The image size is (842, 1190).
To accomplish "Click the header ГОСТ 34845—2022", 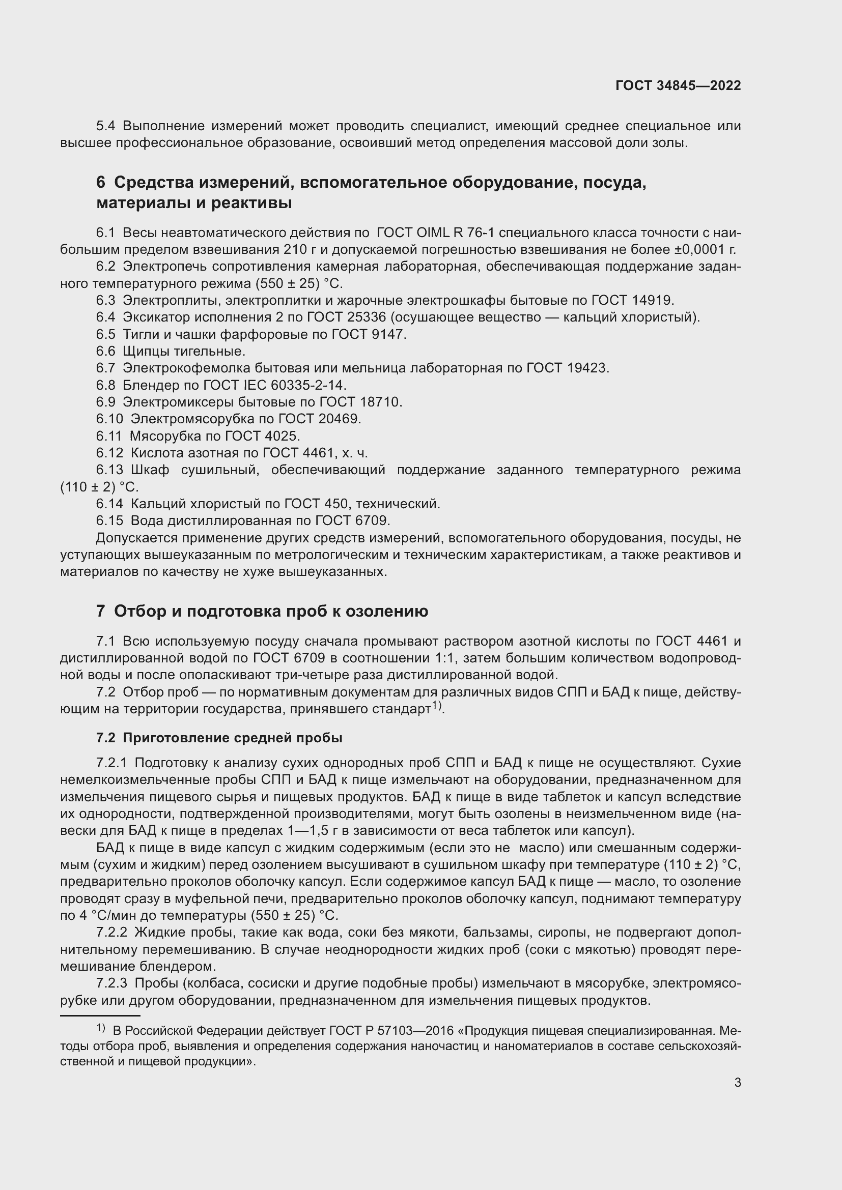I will click(678, 85).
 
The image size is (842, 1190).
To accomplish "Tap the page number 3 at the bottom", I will click(737, 1082).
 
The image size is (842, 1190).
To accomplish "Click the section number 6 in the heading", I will click(101, 183).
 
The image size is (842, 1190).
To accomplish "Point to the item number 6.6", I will click(105, 352).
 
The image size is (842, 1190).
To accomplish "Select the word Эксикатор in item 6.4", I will click(159, 317).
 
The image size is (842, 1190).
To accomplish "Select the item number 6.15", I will click(109, 520).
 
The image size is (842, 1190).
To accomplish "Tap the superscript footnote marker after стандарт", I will click(437, 705).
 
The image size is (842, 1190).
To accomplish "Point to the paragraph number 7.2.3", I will click(111, 983).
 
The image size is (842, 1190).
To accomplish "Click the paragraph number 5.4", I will click(105, 126).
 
